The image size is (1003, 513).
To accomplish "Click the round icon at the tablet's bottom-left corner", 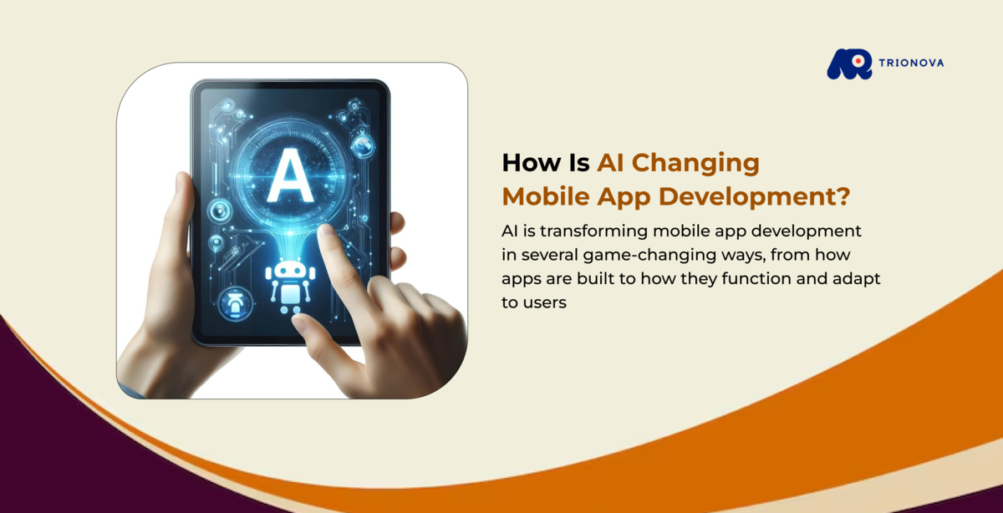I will (231, 304).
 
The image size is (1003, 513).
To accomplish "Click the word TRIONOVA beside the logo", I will (911, 63).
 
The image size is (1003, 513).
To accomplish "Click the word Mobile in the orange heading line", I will (542, 197).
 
